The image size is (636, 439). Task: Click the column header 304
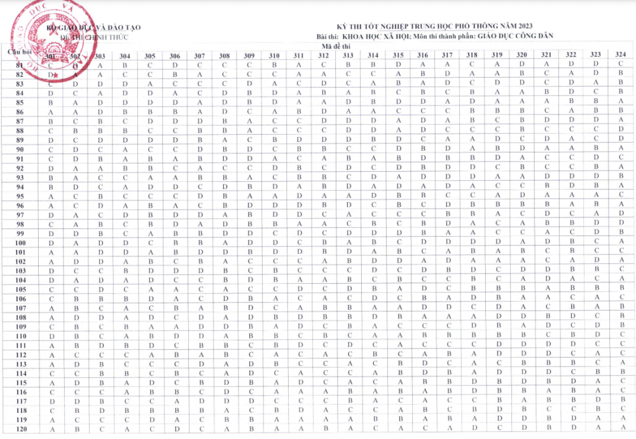click(x=125, y=56)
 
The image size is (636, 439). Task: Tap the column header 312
click(x=323, y=56)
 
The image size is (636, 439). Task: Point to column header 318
click(x=472, y=55)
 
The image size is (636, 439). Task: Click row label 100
click(x=20, y=243)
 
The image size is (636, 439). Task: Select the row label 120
click(x=20, y=429)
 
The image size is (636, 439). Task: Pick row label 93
click(x=20, y=178)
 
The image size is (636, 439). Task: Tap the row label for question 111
click(x=20, y=345)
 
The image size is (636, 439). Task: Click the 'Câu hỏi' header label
click(x=20, y=51)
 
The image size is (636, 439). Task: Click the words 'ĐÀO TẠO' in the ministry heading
click(x=121, y=27)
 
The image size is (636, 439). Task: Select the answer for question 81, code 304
click(x=125, y=65)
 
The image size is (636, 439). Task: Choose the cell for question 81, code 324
click(x=620, y=64)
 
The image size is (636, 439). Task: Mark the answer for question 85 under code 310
click(x=273, y=102)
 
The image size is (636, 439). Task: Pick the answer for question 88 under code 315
click(x=398, y=130)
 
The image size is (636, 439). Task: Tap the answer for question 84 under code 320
click(x=522, y=92)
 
